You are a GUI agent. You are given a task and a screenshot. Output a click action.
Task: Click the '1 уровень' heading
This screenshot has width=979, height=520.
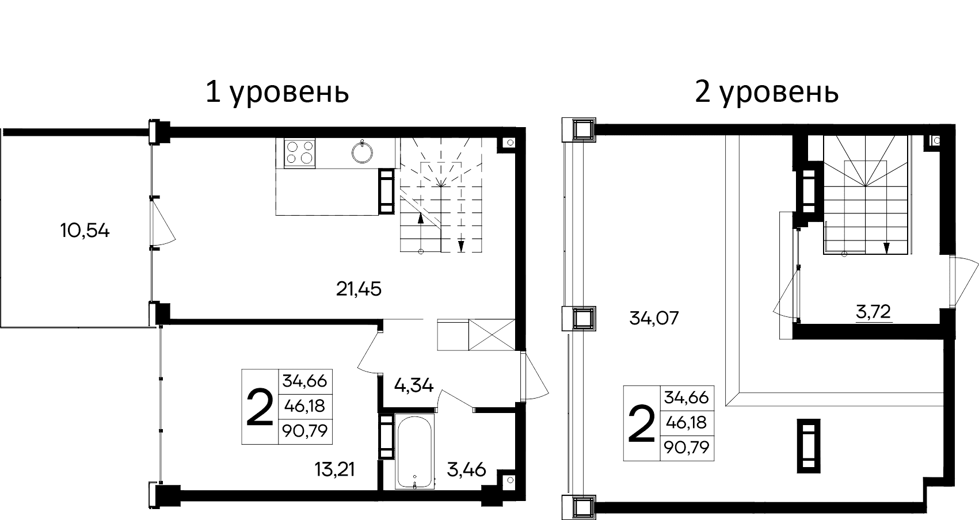(x=277, y=92)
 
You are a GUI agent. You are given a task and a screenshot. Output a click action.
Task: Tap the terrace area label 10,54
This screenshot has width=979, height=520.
(x=85, y=231)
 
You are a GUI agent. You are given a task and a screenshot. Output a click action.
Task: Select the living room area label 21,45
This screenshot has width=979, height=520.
(x=359, y=289)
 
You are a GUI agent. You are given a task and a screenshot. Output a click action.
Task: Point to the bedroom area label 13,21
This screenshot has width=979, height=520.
(x=334, y=469)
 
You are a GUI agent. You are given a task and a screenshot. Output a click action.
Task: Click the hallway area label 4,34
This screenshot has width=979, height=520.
(x=413, y=385)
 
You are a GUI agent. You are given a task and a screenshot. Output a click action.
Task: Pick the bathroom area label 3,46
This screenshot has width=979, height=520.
(x=466, y=469)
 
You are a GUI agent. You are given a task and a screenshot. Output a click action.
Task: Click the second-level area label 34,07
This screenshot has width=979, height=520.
(x=654, y=318)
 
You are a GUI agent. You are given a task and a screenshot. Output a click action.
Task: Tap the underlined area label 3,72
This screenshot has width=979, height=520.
(x=873, y=312)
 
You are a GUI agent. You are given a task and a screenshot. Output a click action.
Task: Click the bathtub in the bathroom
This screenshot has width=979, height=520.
(x=414, y=452)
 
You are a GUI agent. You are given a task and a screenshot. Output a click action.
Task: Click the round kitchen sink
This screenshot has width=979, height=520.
(x=362, y=152)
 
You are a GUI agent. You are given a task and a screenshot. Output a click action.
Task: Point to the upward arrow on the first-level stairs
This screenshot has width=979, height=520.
(x=421, y=218)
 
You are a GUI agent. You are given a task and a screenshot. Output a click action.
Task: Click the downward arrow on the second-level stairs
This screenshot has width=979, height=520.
(x=886, y=247)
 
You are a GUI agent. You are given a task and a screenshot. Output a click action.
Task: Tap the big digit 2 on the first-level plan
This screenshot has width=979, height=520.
(x=260, y=407)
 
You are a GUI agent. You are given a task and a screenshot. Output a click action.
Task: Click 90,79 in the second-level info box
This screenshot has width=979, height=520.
(x=687, y=448)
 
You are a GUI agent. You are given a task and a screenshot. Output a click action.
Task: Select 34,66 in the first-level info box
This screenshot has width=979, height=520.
(x=304, y=381)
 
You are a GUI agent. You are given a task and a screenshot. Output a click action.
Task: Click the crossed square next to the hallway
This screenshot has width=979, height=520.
(x=492, y=334)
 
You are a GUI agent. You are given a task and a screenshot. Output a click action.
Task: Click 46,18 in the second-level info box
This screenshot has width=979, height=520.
(x=687, y=423)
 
